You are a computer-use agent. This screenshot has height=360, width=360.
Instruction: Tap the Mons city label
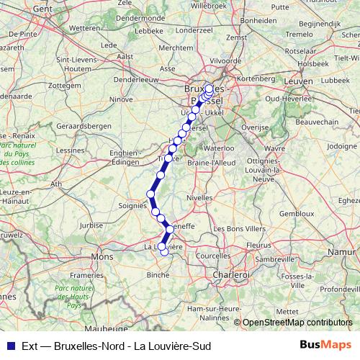click(x=102, y=256)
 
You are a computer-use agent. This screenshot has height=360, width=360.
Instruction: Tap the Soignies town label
click(x=132, y=206)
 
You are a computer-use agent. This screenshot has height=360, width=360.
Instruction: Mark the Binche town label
click(x=158, y=274)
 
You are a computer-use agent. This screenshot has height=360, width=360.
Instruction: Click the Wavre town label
click(x=271, y=148)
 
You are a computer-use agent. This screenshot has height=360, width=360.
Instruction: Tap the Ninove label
click(x=122, y=99)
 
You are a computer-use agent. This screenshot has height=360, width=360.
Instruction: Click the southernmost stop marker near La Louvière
click(x=164, y=251)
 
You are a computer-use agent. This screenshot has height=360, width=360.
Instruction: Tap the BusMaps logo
click(x=326, y=345)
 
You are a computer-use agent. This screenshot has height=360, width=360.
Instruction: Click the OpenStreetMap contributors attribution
click(x=299, y=323)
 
